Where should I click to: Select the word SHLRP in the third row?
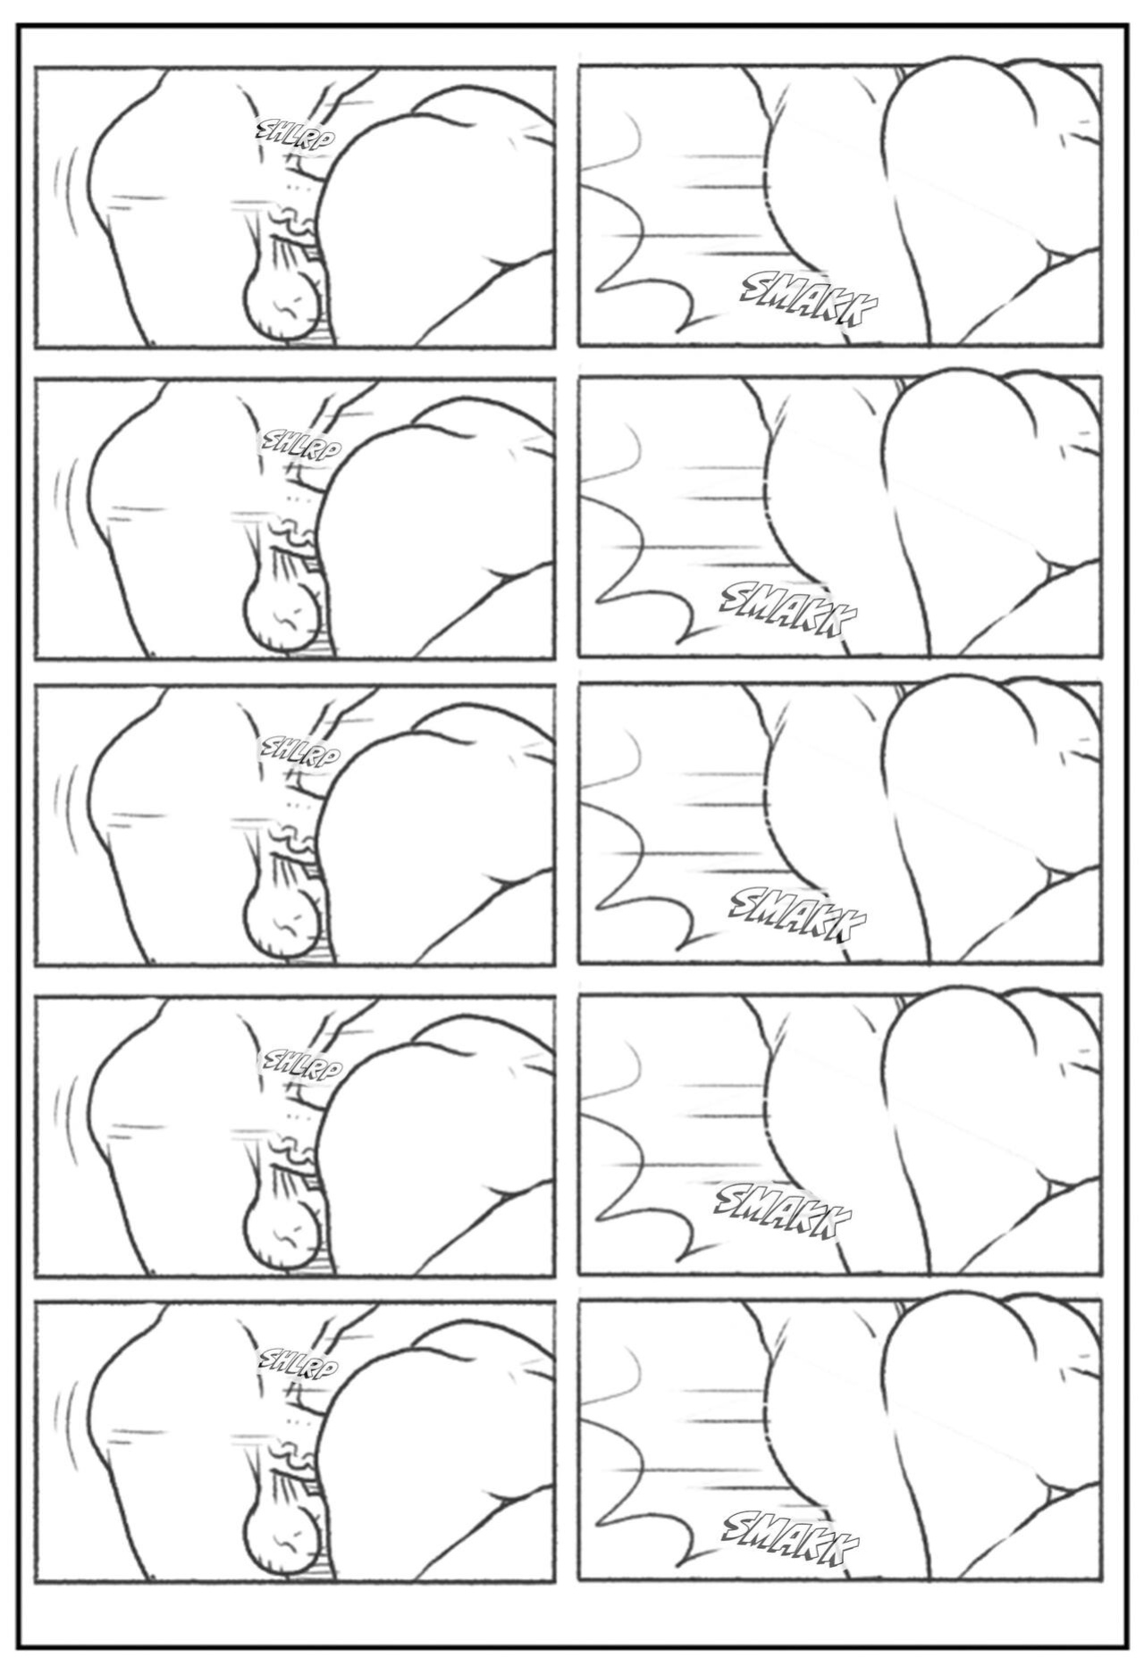[x=299, y=754]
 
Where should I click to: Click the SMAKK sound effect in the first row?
[x=810, y=303]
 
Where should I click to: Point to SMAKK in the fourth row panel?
[x=783, y=1210]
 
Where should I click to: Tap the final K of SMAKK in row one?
[x=862, y=318]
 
